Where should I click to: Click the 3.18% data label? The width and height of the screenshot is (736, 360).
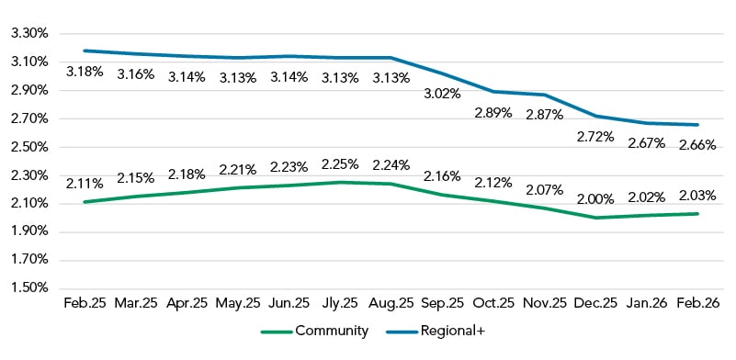(x=85, y=71)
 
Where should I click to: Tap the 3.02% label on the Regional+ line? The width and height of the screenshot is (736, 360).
(x=443, y=93)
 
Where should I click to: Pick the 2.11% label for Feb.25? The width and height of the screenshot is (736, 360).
(x=85, y=183)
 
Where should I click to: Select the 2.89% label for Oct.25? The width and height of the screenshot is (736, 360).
(x=494, y=112)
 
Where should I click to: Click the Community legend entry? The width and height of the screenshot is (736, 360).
(x=315, y=332)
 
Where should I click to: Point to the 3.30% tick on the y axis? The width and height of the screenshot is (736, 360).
(x=28, y=33)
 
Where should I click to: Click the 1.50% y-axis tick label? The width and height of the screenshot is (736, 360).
(x=28, y=288)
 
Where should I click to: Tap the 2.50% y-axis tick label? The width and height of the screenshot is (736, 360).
(x=28, y=147)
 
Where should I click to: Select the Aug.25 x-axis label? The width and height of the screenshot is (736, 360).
(x=391, y=302)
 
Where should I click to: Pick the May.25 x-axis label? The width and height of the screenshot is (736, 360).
(x=238, y=302)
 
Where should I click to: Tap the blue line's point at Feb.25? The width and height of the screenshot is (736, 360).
(x=85, y=51)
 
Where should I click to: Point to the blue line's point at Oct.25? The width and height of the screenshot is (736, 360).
(x=494, y=92)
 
